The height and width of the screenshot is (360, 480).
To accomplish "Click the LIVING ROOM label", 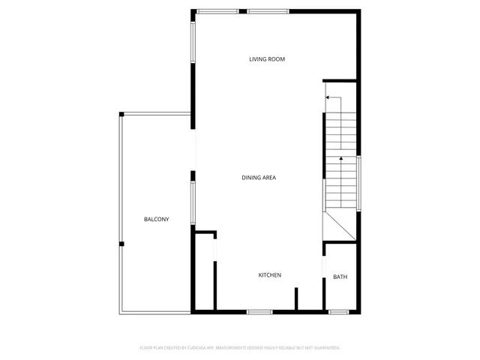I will click(267, 59).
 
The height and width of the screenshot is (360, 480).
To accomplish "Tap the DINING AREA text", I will click(259, 178).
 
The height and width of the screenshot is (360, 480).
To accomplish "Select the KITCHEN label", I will click(270, 275).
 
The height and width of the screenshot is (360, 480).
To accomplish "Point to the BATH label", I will click(340, 277).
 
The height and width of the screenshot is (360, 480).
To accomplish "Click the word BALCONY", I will click(157, 219).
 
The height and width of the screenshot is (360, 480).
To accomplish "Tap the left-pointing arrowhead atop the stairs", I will click(328, 97).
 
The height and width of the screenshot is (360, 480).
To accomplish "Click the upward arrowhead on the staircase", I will click(341, 158).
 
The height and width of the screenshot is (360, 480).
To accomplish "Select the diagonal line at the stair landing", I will click(340, 224).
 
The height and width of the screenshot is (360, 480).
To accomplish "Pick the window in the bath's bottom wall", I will click(339, 311).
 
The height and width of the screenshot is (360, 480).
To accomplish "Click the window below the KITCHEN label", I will click(259, 311).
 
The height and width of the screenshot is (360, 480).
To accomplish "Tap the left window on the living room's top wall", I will click(217, 11).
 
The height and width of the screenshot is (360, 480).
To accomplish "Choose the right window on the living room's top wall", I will click(268, 11).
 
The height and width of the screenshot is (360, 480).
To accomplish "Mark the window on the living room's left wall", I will click(193, 42).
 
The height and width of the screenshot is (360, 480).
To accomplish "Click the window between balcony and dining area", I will click(193, 202).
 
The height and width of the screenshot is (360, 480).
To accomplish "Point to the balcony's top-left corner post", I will click(121, 114).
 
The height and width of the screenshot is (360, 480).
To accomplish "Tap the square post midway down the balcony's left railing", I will click(121, 243).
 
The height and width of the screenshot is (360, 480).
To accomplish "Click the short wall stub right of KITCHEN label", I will click(296, 299).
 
